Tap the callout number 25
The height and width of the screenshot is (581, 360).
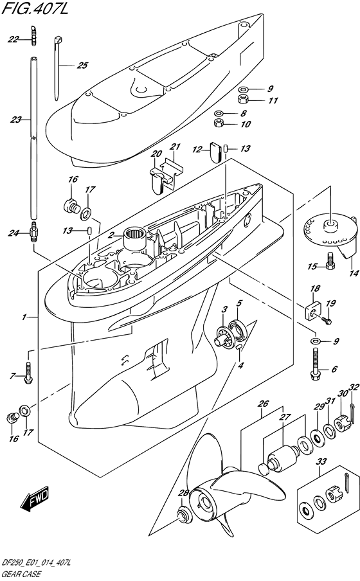82,66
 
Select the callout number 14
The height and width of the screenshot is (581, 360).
354,273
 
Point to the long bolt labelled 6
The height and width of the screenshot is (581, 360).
314,364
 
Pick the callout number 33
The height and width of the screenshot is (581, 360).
321,461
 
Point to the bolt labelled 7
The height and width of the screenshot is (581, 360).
28,373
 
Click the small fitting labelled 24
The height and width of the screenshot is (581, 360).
33,231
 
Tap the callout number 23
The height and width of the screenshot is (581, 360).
15,120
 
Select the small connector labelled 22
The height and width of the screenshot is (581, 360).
33,35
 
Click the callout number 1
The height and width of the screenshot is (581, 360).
24,317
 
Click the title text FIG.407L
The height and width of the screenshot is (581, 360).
35,8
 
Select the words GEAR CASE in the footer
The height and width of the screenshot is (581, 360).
21,575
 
